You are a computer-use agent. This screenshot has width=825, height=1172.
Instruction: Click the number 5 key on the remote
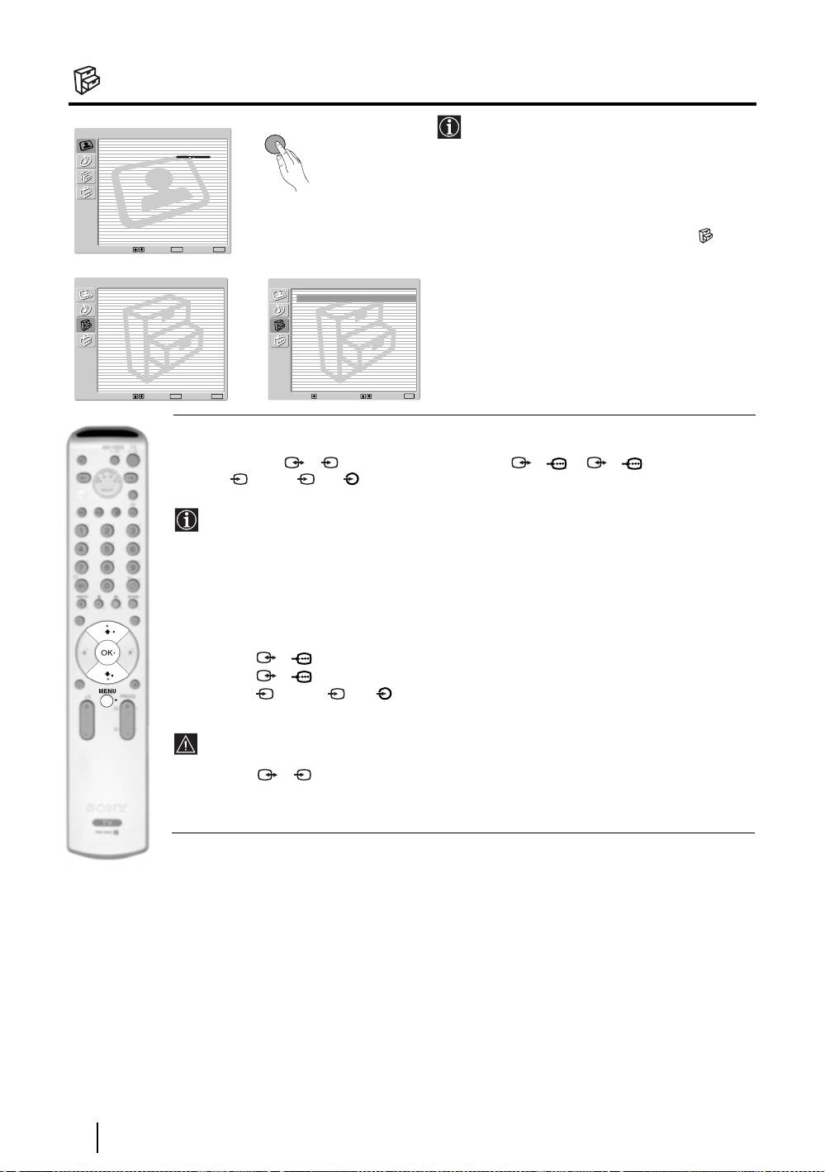107,548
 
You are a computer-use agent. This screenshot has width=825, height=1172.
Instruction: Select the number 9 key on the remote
132,567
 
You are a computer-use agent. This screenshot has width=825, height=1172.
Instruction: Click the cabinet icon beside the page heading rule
85,80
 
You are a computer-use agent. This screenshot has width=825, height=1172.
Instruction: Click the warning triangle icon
186,744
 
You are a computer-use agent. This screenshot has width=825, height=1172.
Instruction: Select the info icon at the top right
448,127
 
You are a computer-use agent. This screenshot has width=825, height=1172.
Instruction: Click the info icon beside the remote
187,520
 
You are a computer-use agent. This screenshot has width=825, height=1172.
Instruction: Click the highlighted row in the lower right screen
355,297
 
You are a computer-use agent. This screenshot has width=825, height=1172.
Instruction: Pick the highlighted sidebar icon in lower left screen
86,325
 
